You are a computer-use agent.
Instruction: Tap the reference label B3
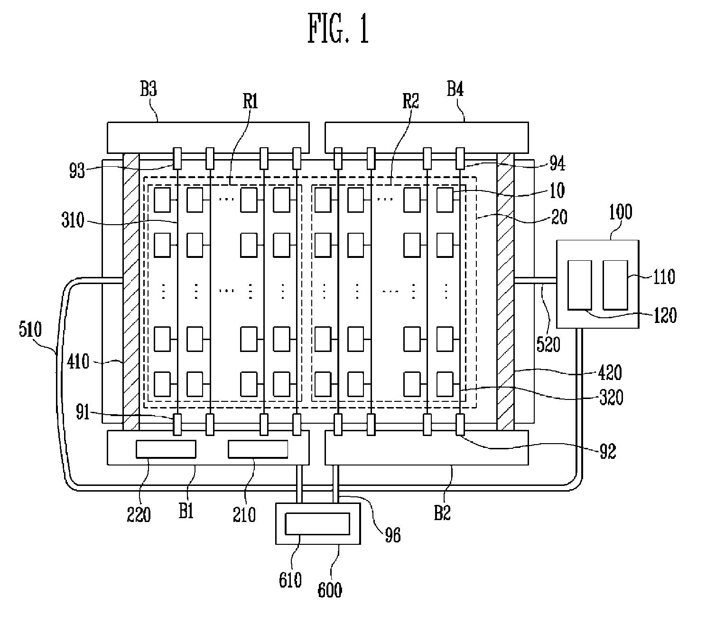[x=149, y=89]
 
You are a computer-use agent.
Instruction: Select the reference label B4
[x=455, y=89]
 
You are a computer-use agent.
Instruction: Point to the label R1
[x=251, y=101]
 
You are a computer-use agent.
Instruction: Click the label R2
[x=410, y=101]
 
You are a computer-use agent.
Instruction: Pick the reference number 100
[x=621, y=212]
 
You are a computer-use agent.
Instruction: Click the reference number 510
[x=30, y=329]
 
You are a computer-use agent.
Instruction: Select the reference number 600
[x=330, y=590]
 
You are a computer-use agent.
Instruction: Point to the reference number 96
[x=393, y=535]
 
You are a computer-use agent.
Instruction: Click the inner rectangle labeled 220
[x=166, y=449]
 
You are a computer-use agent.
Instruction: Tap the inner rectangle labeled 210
[x=258, y=449]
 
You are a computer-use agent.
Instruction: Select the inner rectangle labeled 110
[x=615, y=285]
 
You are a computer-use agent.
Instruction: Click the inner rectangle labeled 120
[x=580, y=285]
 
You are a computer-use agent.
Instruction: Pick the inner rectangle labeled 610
[x=317, y=524]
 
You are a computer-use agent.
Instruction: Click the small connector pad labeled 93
[x=177, y=159]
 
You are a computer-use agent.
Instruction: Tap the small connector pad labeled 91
[x=177, y=425]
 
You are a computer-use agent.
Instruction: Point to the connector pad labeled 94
[x=460, y=159]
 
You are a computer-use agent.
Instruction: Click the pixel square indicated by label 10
[x=445, y=200]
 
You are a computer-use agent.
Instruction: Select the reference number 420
[x=610, y=372]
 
